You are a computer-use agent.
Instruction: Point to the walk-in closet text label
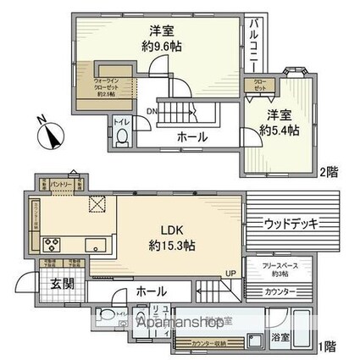[x=87, y=86]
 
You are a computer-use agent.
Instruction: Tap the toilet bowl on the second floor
[x=122, y=136]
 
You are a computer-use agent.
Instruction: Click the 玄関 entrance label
[x=53, y=283]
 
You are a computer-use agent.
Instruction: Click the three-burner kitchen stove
[x=53, y=247]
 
